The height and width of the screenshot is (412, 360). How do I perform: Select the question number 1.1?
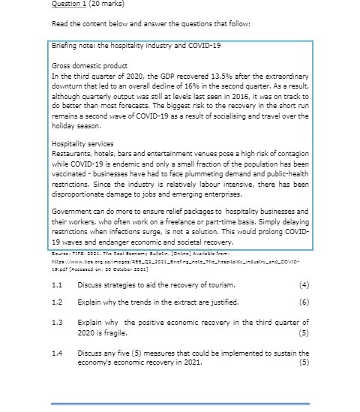(x=58, y=285)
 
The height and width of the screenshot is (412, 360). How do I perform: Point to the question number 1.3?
(x=58, y=322)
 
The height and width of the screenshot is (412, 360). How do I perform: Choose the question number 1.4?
(x=58, y=352)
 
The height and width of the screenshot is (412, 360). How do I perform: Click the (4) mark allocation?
(x=303, y=285)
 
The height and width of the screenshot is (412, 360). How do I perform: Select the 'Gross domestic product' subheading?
(x=84, y=66)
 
